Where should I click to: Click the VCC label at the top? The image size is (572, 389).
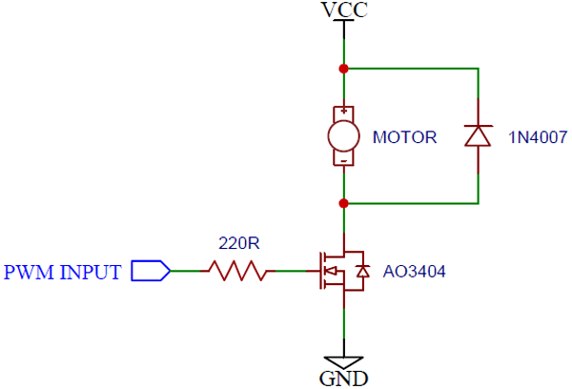pyautogui.click(x=344, y=10)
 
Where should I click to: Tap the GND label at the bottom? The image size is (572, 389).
pyautogui.click(x=344, y=378)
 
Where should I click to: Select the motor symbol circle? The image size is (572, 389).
pyautogui.click(x=343, y=136)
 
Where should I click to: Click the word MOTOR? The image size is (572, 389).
pyautogui.click(x=404, y=137)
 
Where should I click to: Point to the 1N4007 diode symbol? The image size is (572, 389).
pyautogui.click(x=477, y=136)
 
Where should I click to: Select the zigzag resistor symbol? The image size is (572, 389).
pyautogui.click(x=237, y=272)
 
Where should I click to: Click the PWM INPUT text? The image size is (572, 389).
pyautogui.click(x=63, y=273)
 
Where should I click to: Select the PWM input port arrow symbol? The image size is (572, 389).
pyautogui.click(x=150, y=272)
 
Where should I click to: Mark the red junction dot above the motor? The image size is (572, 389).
pyautogui.click(x=343, y=69)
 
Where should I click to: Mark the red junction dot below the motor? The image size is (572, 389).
pyautogui.click(x=343, y=202)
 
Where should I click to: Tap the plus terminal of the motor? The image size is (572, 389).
pyautogui.click(x=343, y=112)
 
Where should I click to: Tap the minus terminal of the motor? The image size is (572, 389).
pyautogui.click(x=343, y=161)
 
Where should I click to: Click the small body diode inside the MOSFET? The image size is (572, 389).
pyautogui.click(x=361, y=273)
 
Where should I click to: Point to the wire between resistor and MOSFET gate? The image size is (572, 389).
pyautogui.click(x=292, y=272)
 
